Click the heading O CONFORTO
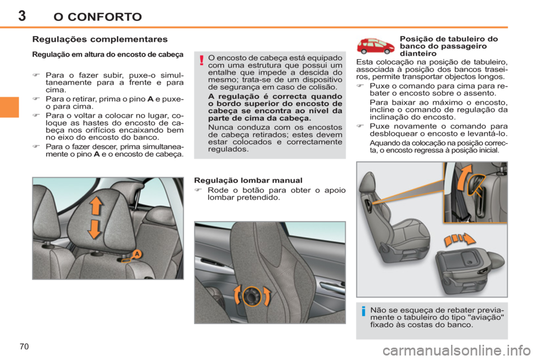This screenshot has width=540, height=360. point(97,16)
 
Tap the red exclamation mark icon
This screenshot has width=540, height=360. point(200,61)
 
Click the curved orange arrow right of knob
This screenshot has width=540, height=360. point(267,296)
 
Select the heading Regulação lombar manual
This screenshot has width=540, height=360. point(248,181)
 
